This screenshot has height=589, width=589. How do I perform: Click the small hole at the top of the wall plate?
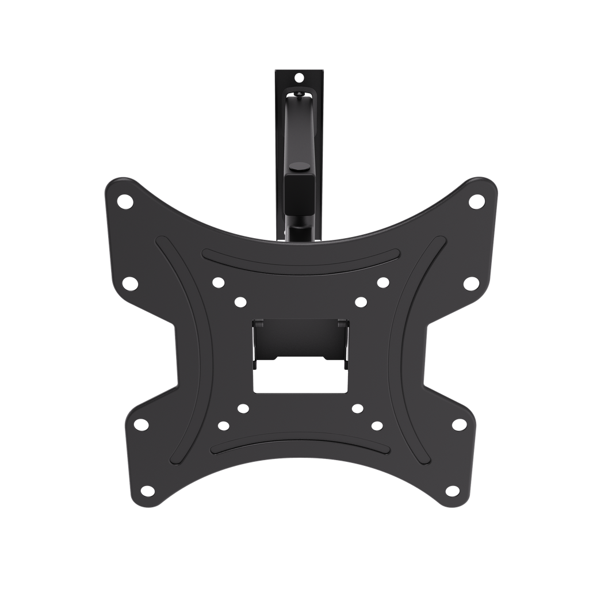pos(298,77)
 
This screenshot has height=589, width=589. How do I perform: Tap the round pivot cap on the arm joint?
pos(298,167)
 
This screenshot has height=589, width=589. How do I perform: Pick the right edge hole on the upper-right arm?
pos(470,283)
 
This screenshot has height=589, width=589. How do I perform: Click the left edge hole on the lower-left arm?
pos(140,424)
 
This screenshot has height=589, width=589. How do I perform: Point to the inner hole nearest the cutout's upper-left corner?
pos(239,301)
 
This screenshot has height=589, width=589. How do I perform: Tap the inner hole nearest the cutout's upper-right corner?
pos(360,301)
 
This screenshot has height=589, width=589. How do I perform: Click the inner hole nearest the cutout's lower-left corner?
pos(243,408)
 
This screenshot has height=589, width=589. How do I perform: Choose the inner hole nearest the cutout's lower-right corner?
pos(357,408)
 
